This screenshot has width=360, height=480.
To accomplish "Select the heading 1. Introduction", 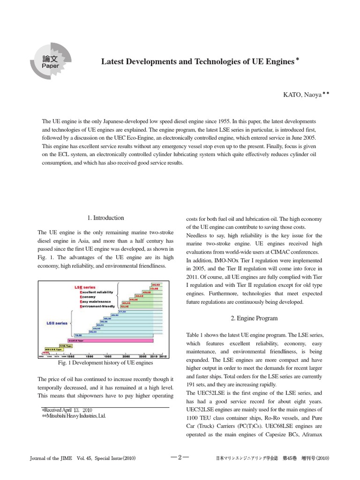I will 106,218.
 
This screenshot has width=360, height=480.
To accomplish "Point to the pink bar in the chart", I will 112,341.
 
